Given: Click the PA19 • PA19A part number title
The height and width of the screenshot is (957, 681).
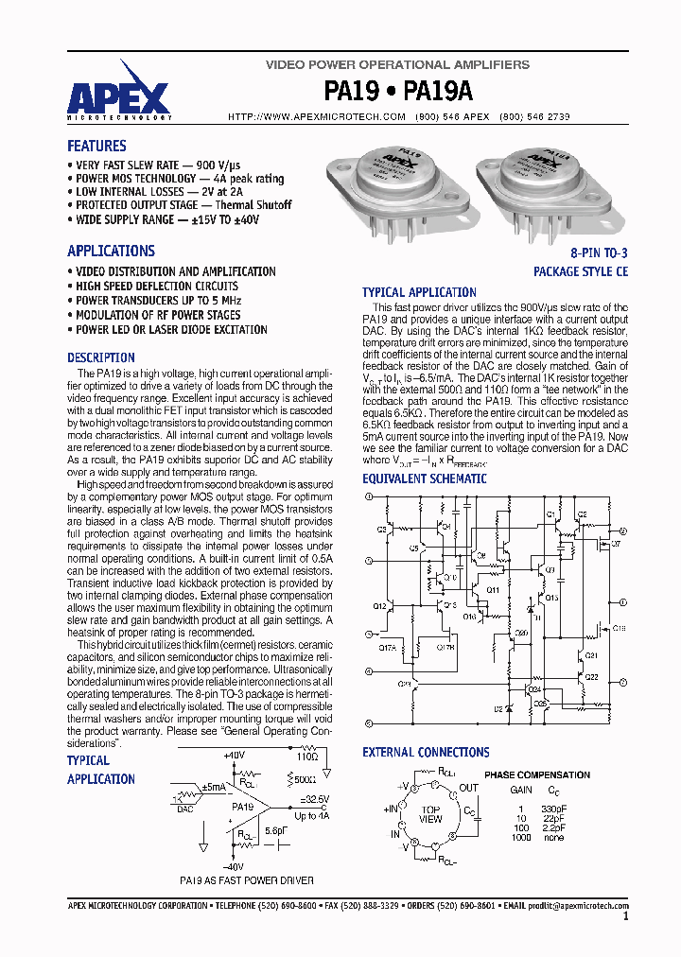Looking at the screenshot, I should coord(398,91).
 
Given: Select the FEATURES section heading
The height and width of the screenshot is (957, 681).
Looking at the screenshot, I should coord(96,146).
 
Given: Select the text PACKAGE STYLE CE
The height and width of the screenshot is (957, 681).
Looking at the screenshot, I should coord(580,271).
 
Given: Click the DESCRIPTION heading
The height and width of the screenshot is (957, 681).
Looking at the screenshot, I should coord(101,357).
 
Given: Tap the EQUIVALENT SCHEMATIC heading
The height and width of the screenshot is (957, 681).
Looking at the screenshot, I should coord(425,478).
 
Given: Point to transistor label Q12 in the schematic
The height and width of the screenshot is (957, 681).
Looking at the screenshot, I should coord(379,605).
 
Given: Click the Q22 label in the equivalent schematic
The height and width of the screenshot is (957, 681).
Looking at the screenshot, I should coord(591,677).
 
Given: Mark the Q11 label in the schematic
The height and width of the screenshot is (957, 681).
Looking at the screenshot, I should coord(492,589).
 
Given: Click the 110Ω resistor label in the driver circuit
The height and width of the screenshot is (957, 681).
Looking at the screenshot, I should coord(306,757).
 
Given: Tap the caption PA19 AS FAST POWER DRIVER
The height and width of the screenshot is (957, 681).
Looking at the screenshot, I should coord(247,879).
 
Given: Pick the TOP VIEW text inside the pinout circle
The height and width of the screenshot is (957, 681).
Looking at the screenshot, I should coord(430,814).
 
